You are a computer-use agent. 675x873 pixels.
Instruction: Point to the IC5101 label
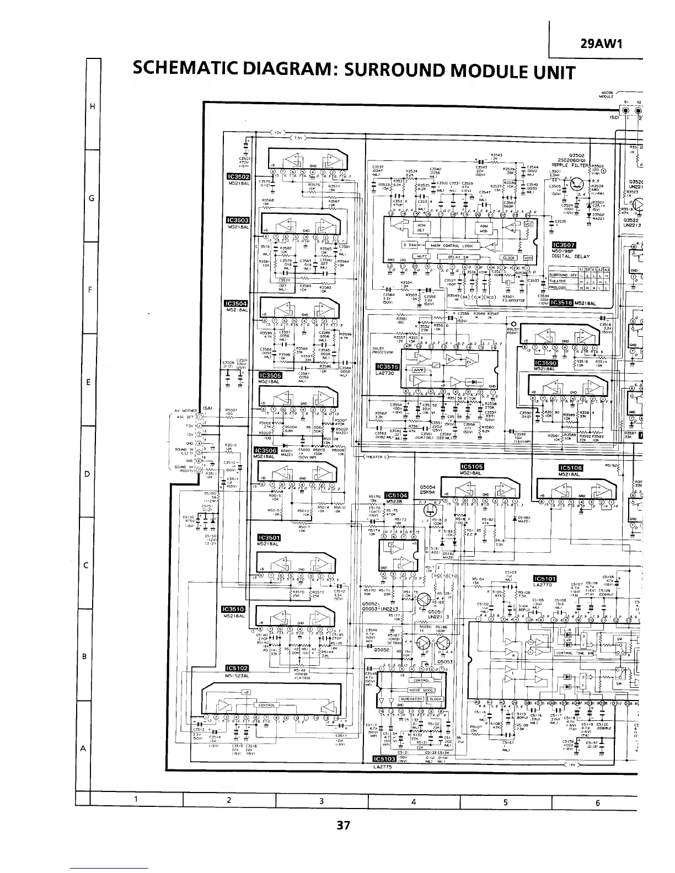(x=545, y=578)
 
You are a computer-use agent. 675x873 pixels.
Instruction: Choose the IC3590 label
(x=546, y=363)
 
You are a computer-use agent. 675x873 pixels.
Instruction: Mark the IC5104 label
(x=395, y=495)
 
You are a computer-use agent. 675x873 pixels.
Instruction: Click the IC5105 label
(x=472, y=467)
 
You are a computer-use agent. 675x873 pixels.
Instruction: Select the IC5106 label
(x=571, y=468)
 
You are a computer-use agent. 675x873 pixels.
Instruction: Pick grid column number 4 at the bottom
(x=413, y=802)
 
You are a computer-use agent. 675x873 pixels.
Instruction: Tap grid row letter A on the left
(x=83, y=748)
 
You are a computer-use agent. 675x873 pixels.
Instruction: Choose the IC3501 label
(x=269, y=538)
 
